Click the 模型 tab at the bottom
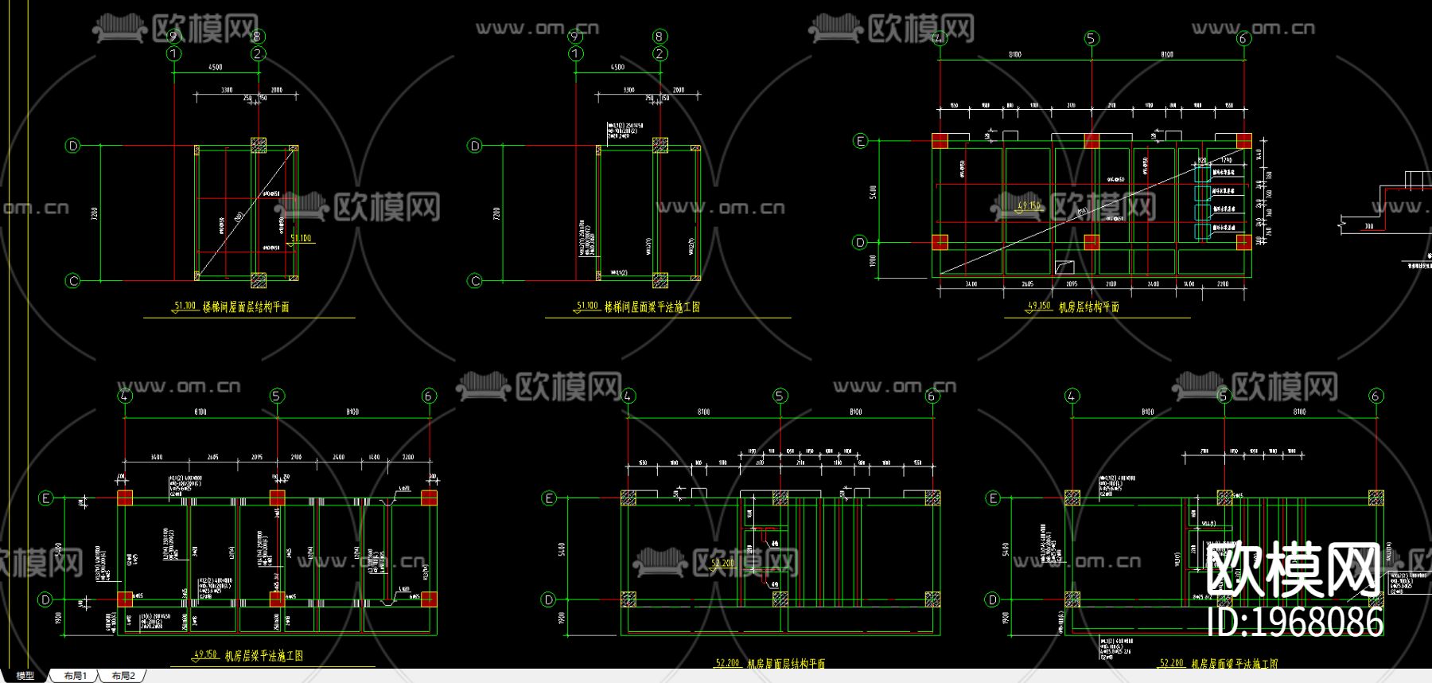click(x=25, y=676)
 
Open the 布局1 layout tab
click(x=76, y=676)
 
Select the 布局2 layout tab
click(x=123, y=676)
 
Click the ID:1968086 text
click(x=1295, y=622)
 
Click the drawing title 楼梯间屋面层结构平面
click(x=246, y=306)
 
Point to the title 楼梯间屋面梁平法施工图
click(x=652, y=306)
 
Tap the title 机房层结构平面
click(x=1088, y=306)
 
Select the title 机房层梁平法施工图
click(x=263, y=656)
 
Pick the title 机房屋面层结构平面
click(x=785, y=663)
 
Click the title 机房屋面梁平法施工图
click(x=1234, y=663)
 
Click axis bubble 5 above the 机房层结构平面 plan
click(x=1092, y=38)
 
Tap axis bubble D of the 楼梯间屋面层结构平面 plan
click(x=73, y=146)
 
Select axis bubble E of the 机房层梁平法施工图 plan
click(x=46, y=498)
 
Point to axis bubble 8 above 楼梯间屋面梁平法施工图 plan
click(x=660, y=37)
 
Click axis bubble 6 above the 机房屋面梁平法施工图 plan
click(x=1376, y=396)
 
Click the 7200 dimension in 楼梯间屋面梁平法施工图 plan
click(x=496, y=213)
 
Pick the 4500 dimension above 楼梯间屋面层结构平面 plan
click(x=216, y=67)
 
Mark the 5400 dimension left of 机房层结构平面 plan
click(x=873, y=192)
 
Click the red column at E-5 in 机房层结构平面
click(x=1092, y=141)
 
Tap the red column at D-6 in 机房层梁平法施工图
click(x=429, y=599)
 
